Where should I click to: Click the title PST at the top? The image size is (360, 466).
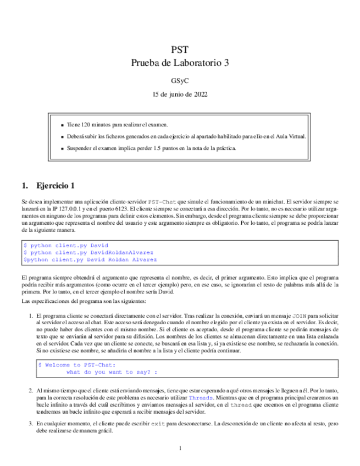180,49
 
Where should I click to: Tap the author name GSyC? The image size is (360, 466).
180,81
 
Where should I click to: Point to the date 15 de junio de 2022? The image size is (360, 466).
180,94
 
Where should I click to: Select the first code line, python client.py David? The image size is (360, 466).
66,245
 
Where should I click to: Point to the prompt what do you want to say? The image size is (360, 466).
112,371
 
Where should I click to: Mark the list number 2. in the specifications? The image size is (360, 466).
31,390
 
